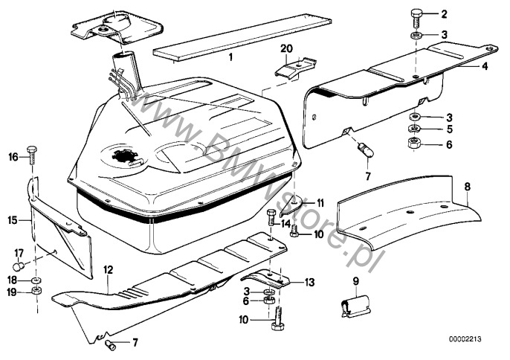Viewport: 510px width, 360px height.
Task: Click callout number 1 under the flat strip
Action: [230, 57]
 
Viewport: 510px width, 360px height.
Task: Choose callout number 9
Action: [355, 281]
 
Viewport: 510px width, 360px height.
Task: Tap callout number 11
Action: [320, 202]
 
